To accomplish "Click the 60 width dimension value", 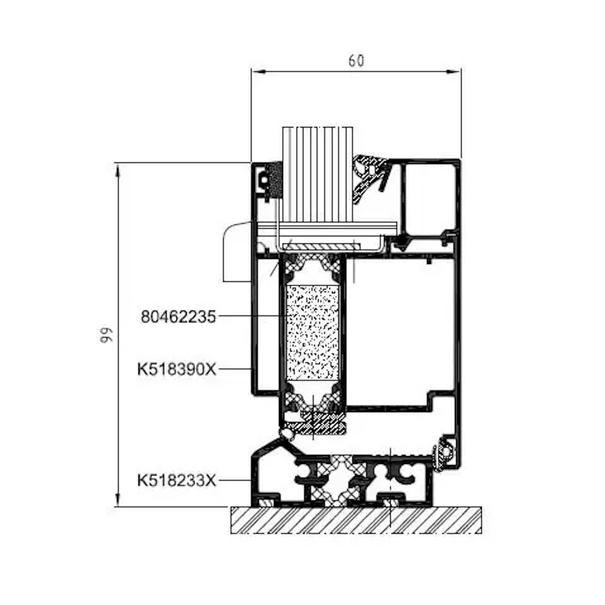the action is (356, 61).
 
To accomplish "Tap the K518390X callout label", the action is (177, 370).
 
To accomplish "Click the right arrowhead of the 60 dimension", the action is (453, 72).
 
